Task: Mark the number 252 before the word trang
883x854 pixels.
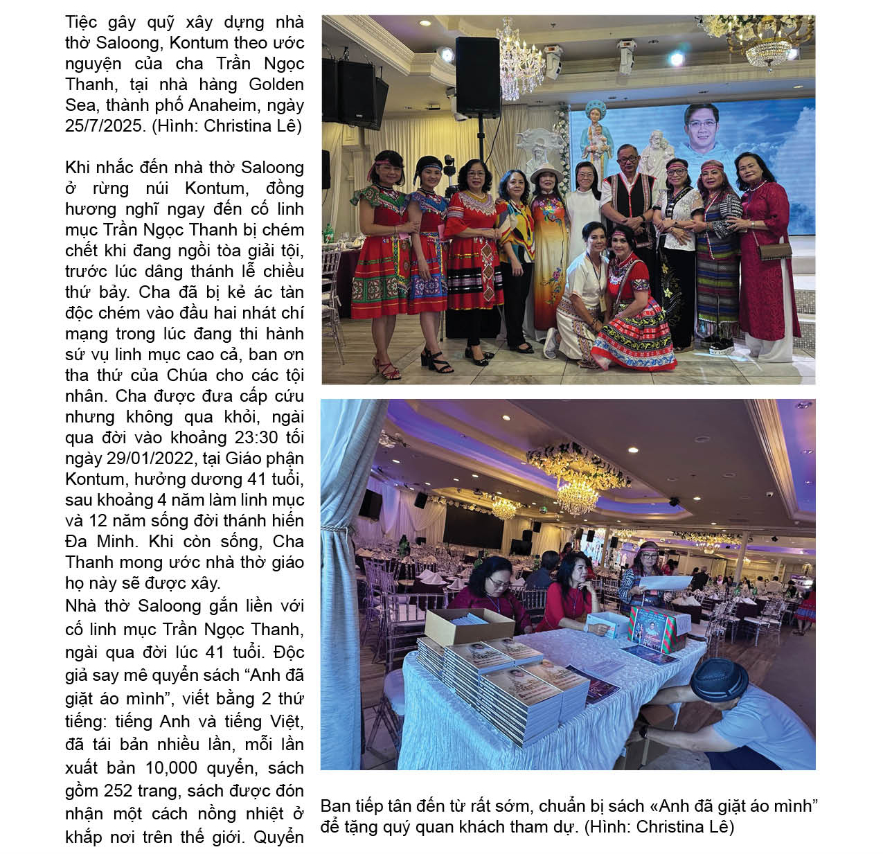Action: tap(118, 791)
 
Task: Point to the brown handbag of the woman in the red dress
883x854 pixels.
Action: tap(774, 251)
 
